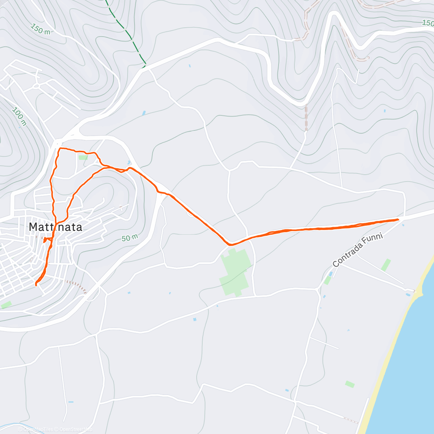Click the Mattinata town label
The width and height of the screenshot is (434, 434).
tap(55, 227)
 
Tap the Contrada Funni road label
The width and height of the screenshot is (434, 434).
tap(357, 250)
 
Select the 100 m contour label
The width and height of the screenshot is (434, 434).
tap(19, 116)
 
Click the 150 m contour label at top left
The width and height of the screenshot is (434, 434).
tap(40, 29)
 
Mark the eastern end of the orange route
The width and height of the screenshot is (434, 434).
tap(398, 219)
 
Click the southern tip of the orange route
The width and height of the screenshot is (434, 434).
tap(36, 285)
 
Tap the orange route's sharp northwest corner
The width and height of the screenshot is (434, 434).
tap(59, 148)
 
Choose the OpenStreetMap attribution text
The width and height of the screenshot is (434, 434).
tap(76, 429)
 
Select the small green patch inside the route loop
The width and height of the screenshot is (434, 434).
tap(83, 157)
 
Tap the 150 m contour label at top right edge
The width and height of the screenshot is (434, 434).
tap(427, 23)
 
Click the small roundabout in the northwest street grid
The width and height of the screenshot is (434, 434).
tap(37, 86)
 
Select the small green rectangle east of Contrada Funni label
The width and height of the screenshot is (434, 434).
tap(386, 265)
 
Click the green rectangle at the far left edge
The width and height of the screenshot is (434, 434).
tap(6, 305)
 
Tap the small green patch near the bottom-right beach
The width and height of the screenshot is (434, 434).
tap(349, 384)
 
